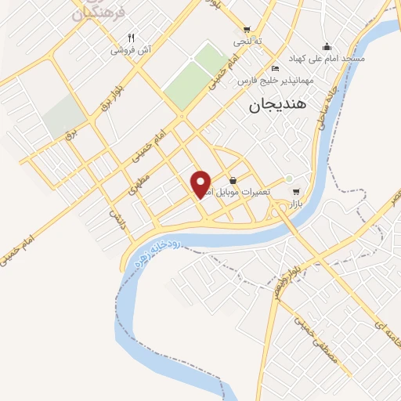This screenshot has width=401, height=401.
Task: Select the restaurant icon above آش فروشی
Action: (132, 38)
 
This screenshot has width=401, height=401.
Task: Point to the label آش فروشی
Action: (128, 49)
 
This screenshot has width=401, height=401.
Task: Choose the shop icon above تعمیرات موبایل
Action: (233, 181)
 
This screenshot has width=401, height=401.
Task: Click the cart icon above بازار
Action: (295, 191)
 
